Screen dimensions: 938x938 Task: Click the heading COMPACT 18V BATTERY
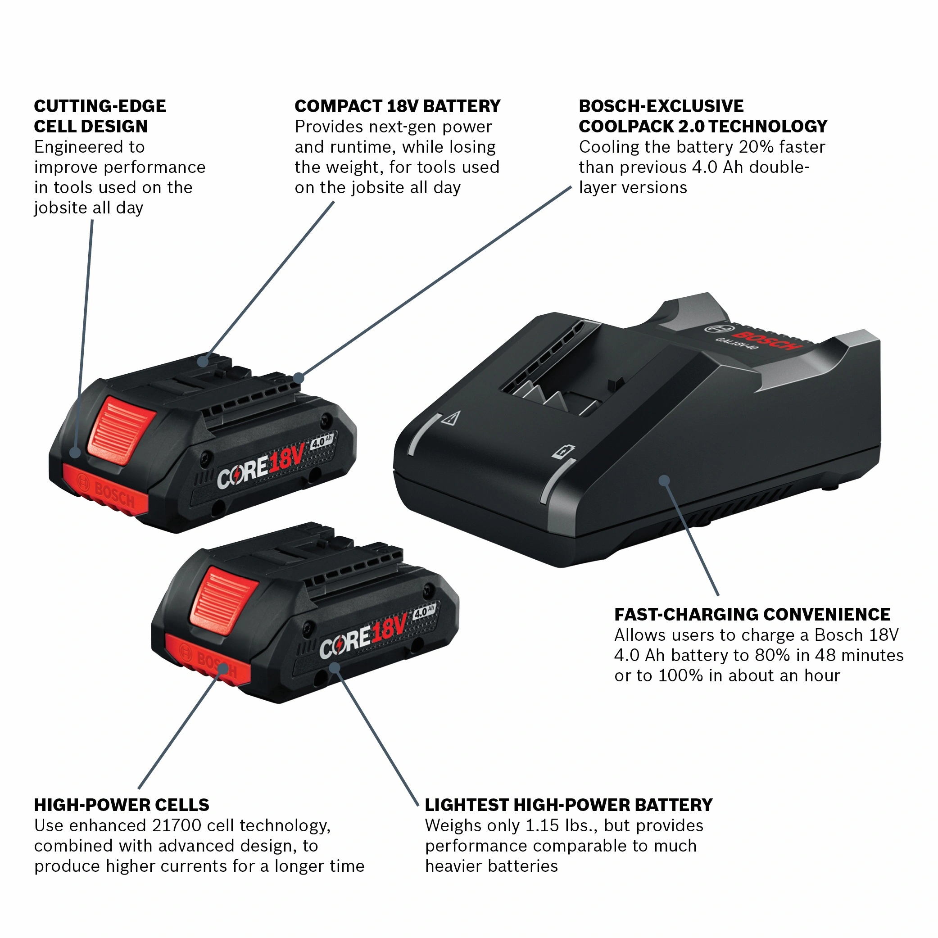coord(397,106)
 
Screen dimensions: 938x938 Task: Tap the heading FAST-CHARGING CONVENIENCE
coord(752,614)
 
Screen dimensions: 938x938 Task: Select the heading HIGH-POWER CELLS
coord(122,805)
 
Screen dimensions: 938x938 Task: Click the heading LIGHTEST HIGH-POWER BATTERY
coord(569,805)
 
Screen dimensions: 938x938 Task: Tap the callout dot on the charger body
coord(664,480)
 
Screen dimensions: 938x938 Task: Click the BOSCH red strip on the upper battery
coord(106,491)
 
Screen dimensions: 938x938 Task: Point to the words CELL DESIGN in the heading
coord(91,127)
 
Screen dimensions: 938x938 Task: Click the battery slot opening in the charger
coord(558,379)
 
